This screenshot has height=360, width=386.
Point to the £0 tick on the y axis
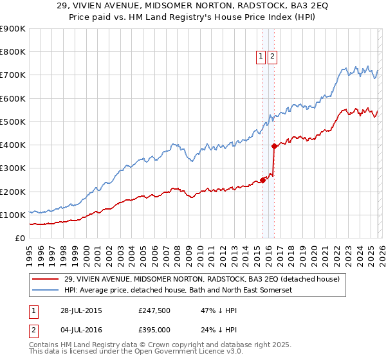(x=19, y=238)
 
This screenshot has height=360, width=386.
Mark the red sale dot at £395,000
(x=274, y=146)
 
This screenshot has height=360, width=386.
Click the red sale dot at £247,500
(x=263, y=180)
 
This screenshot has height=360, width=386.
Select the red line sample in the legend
(x=46, y=278)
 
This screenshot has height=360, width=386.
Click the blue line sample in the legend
(x=46, y=291)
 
